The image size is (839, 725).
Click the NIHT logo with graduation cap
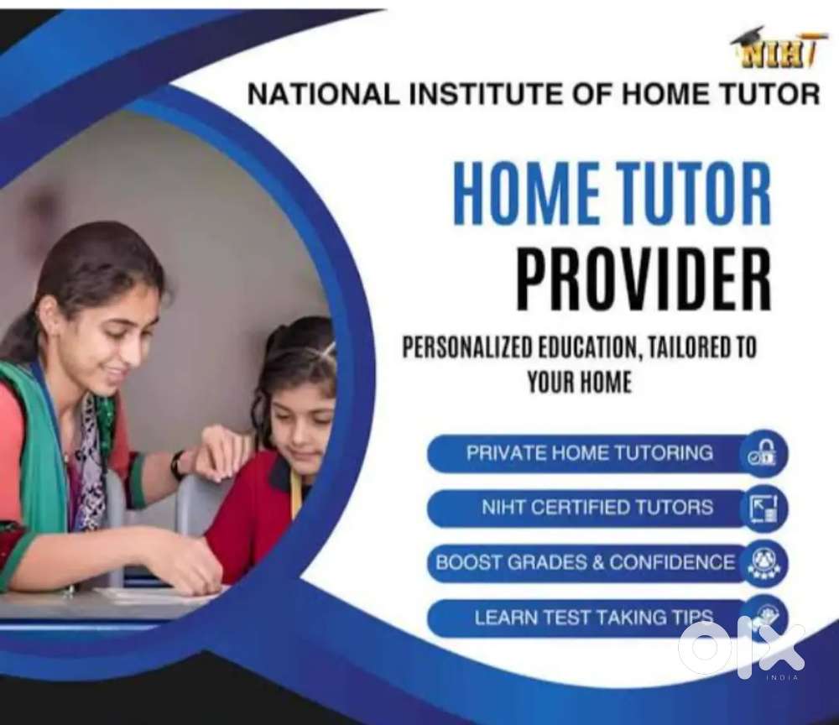(x=774, y=50)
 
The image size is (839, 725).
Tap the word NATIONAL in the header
(x=322, y=95)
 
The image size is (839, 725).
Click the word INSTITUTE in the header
(x=485, y=95)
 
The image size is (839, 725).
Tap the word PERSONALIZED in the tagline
(x=466, y=347)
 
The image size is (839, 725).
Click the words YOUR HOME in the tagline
(x=580, y=382)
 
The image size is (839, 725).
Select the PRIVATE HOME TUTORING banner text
(x=590, y=453)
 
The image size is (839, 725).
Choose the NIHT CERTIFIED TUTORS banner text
(x=597, y=507)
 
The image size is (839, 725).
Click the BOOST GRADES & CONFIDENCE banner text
(x=585, y=562)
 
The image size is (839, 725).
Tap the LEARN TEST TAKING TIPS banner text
(x=594, y=618)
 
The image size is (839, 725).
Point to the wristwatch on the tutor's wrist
(x=178, y=465)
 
